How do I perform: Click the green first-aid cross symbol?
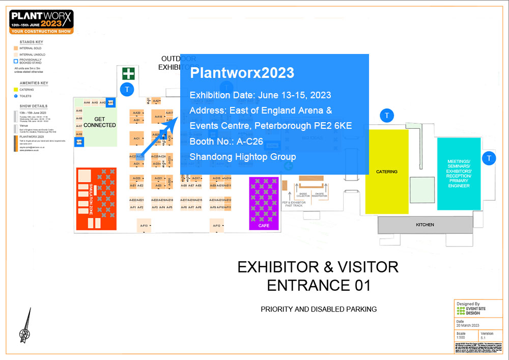click(128, 74)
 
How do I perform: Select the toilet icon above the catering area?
click(387, 116)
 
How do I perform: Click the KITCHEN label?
click(425, 225)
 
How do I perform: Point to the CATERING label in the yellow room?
click(387, 172)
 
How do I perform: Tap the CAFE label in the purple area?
click(264, 226)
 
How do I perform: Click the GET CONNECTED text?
click(100, 122)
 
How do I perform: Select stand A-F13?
click(144, 226)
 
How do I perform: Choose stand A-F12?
click(217, 226)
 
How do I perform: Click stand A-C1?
click(137, 138)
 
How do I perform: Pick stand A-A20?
click(136, 113)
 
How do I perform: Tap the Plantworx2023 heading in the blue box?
click(242, 73)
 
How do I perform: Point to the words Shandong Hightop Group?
click(243, 157)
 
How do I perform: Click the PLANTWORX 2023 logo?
click(42, 21)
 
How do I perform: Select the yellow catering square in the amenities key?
click(16, 90)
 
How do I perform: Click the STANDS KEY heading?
click(31, 42)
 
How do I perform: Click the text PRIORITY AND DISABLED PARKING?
click(319, 309)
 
